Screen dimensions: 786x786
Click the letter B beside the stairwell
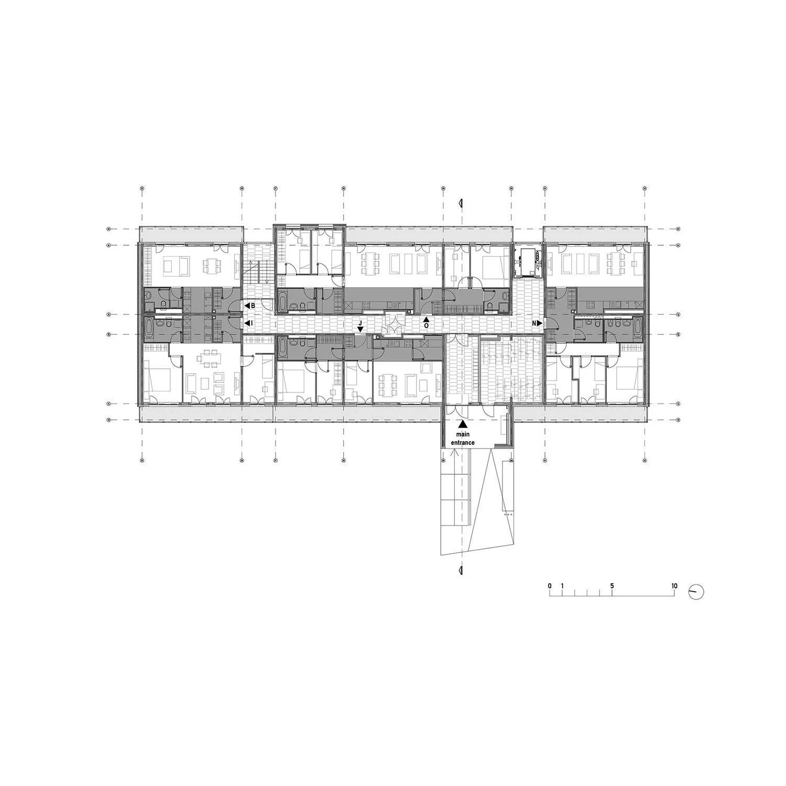pos(253,305)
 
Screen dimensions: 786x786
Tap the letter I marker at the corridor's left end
pos(252,324)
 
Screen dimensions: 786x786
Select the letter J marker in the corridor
pos(360,323)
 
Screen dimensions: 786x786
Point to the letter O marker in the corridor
pos(426,325)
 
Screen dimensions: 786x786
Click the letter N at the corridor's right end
pos(534,324)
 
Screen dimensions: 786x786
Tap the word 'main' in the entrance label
pos(462,435)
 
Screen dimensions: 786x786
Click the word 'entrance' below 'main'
pos(463,443)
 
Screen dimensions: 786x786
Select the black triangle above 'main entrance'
pos(462,425)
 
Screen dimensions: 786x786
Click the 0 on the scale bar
pos(550,586)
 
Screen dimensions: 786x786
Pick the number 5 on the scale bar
pos(612,586)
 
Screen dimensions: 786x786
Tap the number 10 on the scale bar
pos(674,586)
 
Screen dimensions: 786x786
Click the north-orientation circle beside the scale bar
pos(697,592)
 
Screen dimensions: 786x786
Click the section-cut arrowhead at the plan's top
pos(461,202)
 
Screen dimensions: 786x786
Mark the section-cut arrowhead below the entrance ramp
pos(461,570)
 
